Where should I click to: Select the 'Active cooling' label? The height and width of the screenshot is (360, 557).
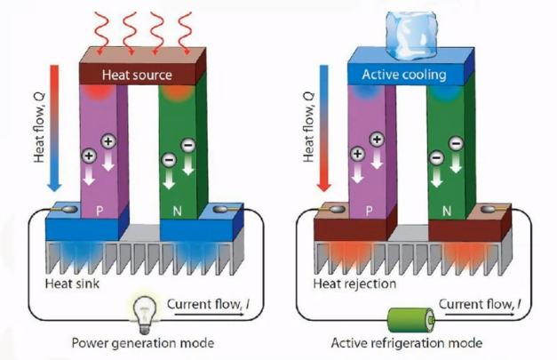(404, 74)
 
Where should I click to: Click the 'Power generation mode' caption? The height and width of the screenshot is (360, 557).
(146, 343)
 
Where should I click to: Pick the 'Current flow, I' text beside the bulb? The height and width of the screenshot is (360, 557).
(208, 306)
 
